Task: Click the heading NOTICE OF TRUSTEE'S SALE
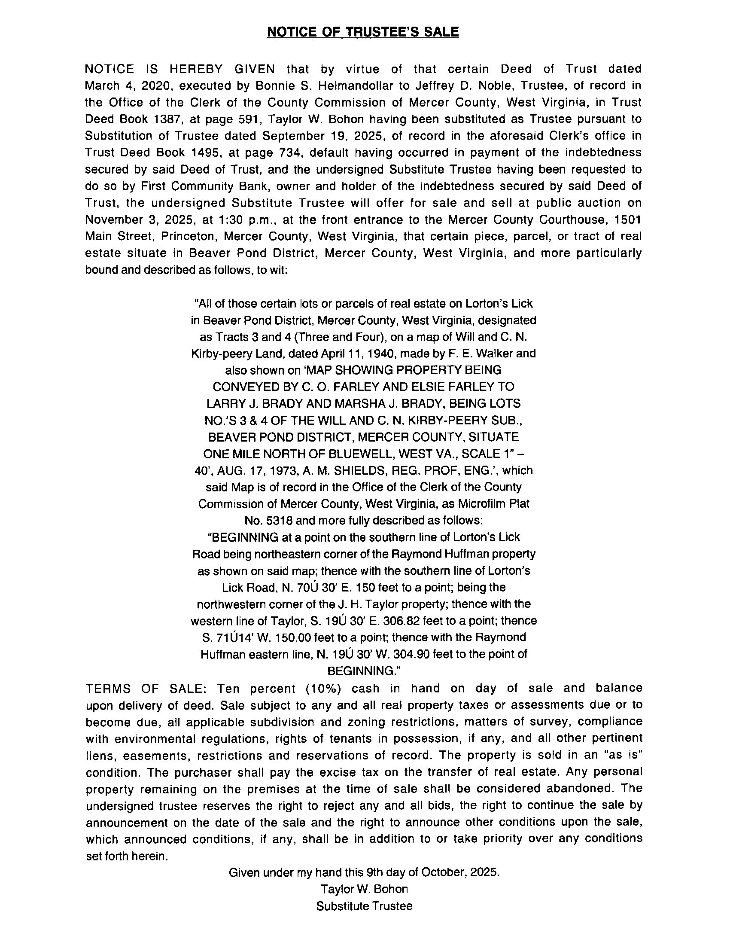coord(363,32)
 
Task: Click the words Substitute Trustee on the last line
coord(364,906)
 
